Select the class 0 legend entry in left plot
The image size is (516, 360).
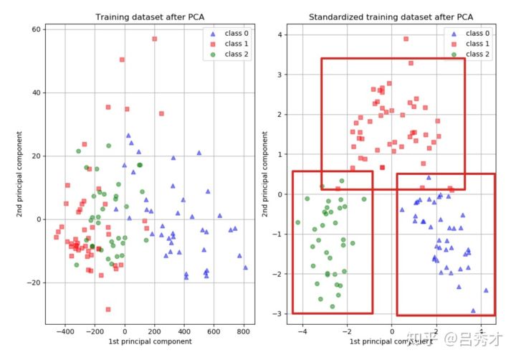(x=230, y=33)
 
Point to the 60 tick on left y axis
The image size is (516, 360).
(x=37, y=29)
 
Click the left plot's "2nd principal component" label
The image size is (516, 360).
(x=20, y=176)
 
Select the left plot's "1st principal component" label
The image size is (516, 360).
(x=150, y=342)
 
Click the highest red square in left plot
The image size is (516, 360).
(x=154, y=39)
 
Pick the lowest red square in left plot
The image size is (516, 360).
(x=108, y=309)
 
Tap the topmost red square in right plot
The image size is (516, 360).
(x=406, y=39)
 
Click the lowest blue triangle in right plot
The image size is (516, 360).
(x=473, y=311)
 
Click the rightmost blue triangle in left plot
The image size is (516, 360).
(x=245, y=267)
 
